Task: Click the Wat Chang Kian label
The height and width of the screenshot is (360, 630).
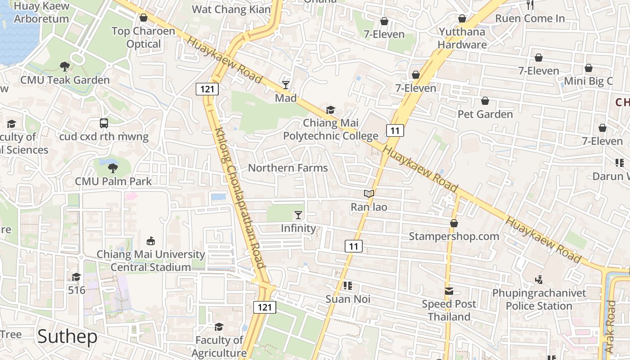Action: pos(231,9)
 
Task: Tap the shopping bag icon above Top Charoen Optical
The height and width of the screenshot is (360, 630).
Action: pos(144,18)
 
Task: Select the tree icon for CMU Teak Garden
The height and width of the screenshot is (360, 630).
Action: pos(65,67)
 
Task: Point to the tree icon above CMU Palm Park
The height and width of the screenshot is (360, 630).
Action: pos(112,168)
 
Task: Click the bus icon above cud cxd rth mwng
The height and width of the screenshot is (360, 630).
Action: pos(104,123)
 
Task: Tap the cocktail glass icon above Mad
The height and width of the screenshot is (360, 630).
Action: pos(286,85)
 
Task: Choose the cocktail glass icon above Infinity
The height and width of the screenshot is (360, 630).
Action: pos(298,215)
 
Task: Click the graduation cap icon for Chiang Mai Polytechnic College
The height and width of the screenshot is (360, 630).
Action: pos(331,110)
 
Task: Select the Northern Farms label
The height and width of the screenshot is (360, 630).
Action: pos(288,168)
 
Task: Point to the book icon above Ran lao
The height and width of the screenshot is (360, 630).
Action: pos(369,193)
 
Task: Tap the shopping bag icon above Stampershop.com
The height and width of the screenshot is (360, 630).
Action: pos(454,223)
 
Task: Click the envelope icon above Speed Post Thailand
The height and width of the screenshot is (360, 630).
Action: pos(449,291)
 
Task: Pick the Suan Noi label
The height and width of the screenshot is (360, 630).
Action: pos(348,299)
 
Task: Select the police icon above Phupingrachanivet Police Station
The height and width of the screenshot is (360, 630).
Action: pos(539,280)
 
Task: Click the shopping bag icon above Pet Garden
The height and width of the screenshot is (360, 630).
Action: pos(485,101)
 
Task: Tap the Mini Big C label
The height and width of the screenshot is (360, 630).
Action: pos(588,81)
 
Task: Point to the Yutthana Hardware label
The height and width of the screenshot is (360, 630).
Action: pos(462,38)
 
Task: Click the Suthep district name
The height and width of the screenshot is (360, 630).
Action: pos(67,337)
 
